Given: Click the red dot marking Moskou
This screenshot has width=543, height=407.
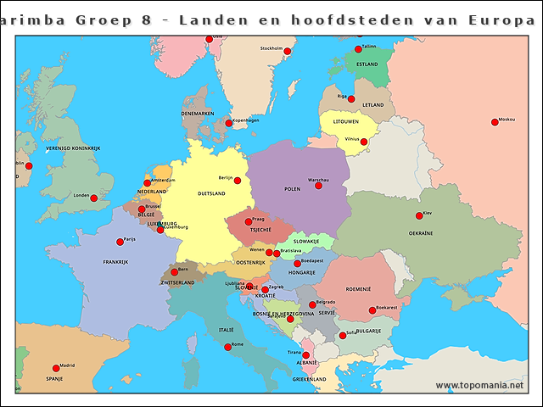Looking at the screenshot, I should (494, 122).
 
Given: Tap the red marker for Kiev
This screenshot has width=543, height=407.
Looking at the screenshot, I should (418, 215).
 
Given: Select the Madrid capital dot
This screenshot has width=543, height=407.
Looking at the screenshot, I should (56, 368).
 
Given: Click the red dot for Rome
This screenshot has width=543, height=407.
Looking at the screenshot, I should (227, 347).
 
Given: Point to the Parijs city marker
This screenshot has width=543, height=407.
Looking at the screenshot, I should (120, 242).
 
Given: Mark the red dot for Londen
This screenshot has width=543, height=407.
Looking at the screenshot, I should (93, 198).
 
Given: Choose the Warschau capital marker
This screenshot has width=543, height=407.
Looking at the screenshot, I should (318, 185).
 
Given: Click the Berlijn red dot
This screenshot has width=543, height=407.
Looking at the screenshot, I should (238, 181).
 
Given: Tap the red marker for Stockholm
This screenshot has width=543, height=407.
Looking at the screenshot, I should (287, 52).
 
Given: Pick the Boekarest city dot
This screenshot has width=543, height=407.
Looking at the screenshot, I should (372, 310).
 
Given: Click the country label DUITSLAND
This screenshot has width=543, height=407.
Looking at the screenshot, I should (211, 193).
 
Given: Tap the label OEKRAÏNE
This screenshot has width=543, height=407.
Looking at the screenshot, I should (421, 233).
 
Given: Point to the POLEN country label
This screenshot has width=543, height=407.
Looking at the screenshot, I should (292, 189).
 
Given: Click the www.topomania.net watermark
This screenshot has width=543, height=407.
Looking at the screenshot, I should (479, 386).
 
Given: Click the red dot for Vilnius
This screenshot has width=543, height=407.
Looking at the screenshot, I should (363, 142).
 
